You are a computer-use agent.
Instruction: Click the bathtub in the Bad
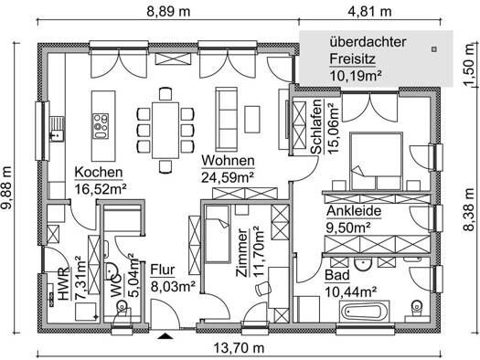click(x=364, y=312)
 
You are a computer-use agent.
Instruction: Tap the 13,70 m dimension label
click(x=239, y=348)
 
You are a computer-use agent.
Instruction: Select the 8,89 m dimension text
click(x=168, y=12)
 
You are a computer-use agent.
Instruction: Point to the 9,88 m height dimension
click(x=6, y=187)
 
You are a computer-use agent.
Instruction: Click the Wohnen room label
click(x=228, y=161)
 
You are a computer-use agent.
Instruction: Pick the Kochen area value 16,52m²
click(x=101, y=189)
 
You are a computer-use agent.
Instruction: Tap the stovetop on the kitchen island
click(x=101, y=126)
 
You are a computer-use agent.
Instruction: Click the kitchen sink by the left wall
click(x=58, y=129)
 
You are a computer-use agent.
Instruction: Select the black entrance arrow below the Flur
click(x=165, y=336)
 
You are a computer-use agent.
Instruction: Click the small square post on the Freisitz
click(x=433, y=49)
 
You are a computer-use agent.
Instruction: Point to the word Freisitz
click(x=352, y=59)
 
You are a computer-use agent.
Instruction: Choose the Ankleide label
click(x=354, y=211)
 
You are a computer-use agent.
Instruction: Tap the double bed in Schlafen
click(x=376, y=161)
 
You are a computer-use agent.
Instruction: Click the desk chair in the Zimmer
click(x=263, y=289)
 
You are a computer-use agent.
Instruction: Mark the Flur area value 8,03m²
click(x=173, y=287)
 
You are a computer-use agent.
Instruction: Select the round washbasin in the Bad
click(x=363, y=264)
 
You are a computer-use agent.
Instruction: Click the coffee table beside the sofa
click(x=252, y=120)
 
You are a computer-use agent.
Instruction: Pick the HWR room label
click(x=64, y=284)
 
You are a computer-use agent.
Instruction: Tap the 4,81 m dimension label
click(x=369, y=12)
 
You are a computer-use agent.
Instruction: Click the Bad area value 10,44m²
click(x=350, y=292)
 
